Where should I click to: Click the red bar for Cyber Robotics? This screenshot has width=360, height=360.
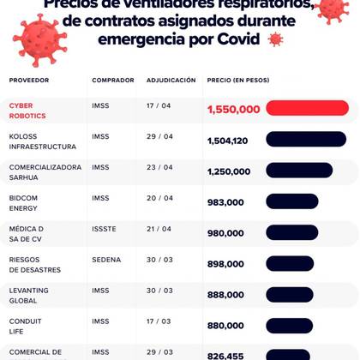[x=307, y=108]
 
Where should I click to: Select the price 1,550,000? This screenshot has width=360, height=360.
[x=233, y=110]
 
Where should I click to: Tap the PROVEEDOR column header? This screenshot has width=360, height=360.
[x=29, y=80]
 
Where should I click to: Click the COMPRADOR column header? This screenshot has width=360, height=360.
[x=112, y=80]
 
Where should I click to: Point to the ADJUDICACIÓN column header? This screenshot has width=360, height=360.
[x=171, y=80]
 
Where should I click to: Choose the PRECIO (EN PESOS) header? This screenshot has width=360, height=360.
[x=237, y=80]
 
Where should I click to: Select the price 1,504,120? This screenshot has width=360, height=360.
[x=227, y=141]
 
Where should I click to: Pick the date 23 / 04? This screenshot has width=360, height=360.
[x=159, y=167]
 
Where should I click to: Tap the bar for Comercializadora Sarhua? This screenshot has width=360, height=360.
[x=299, y=170]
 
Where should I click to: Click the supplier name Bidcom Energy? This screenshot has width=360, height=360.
[x=23, y=203]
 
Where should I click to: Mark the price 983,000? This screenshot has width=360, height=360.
[x=225, y=202]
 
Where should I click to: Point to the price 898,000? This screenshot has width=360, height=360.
[x=225, y=264]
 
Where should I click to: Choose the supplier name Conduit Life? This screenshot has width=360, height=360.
[x=25, y=327]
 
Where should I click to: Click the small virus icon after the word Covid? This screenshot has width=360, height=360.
[x=275, y=39]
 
